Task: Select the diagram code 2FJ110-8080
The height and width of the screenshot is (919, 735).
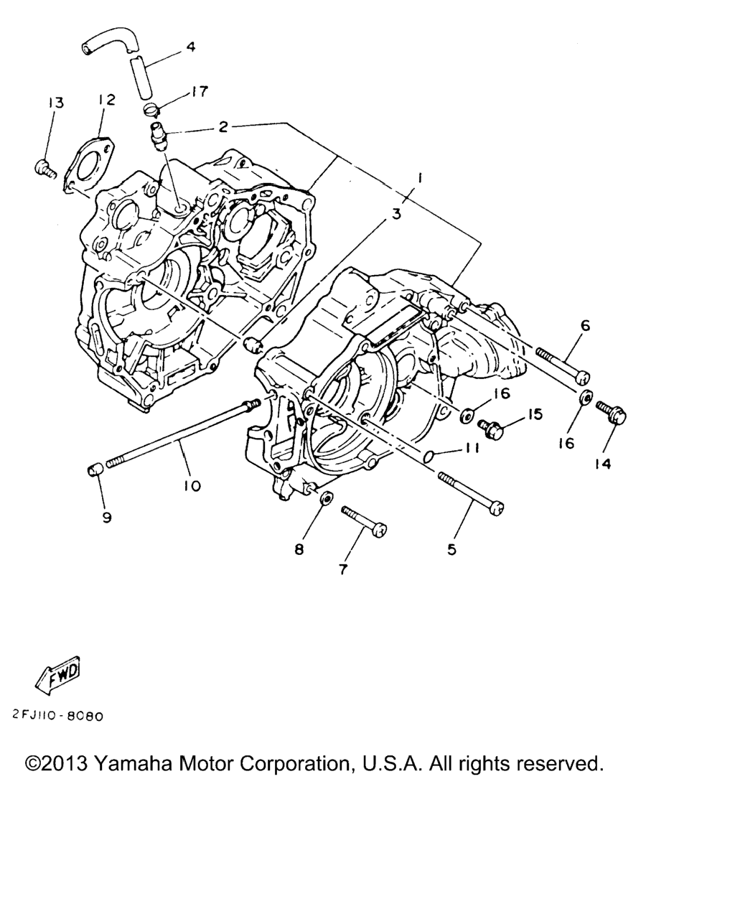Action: click(57, 716)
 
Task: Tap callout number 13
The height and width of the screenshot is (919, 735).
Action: click(55, 103)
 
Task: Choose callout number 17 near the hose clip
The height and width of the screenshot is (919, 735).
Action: click(200, 91)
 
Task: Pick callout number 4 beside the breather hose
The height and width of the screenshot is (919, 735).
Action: click(191, 46)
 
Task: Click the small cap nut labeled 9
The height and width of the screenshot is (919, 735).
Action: click(95, 471)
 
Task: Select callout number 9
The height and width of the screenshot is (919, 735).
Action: click(107, 518)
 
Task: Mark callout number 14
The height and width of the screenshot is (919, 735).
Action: click(603, 464)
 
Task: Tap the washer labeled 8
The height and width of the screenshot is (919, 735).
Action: click(327, 498)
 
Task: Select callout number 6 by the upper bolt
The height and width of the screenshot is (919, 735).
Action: click(585, 326)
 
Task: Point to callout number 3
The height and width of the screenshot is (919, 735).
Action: click(397, 213)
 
